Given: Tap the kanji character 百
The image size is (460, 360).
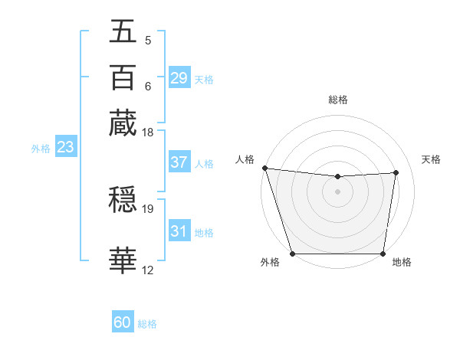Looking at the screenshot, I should (123, 77).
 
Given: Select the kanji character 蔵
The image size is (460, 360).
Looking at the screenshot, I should (123, 122).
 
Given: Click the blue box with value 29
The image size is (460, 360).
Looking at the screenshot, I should (179, 77).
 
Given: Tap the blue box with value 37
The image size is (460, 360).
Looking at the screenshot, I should (179, 162).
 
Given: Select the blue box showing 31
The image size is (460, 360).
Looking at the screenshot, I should (179, 231).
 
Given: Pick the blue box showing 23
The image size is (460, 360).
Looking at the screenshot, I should (65, 148).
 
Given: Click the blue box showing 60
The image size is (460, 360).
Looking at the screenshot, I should (123, 322).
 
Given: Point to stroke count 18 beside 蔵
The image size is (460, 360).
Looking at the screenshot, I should (148, 133).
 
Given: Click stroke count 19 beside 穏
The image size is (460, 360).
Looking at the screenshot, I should (148, 208).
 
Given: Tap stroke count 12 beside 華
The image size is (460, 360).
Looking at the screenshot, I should (148, 270).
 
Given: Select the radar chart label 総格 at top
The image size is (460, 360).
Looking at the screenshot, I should (337, 100).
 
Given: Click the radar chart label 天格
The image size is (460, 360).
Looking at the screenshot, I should (431, 159).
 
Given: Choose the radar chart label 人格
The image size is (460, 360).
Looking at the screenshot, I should (245, 159).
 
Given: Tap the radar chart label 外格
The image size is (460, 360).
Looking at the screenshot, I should (270, 262).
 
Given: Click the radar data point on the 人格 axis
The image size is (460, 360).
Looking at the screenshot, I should (264, 168).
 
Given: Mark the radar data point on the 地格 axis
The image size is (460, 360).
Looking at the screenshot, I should (383, 254).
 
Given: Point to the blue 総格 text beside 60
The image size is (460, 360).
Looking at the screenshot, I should (147, 324).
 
